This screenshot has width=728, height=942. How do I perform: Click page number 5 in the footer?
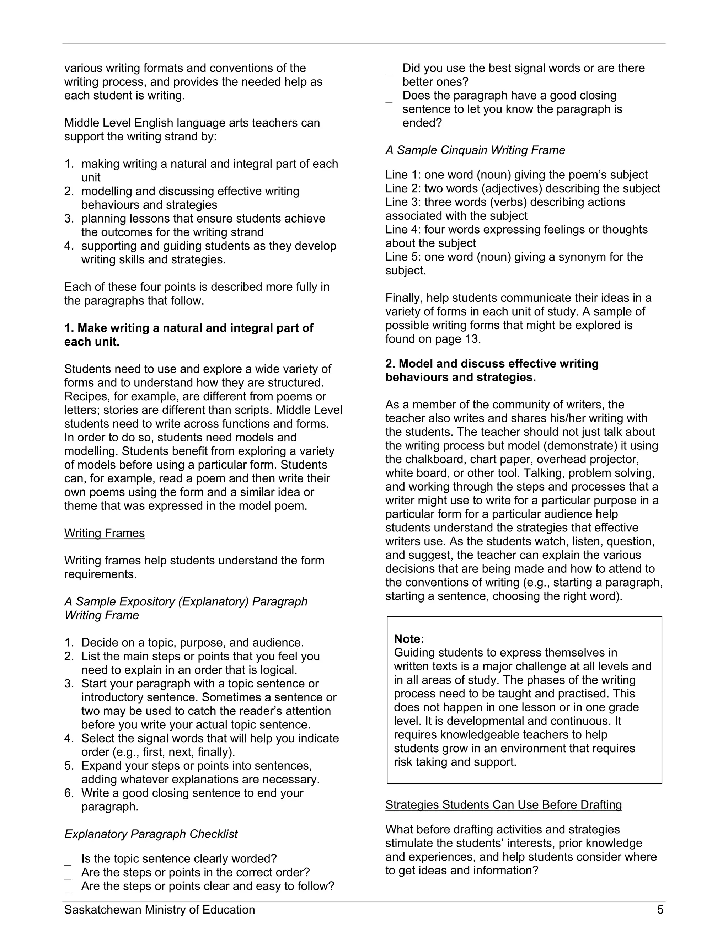pos(660,910)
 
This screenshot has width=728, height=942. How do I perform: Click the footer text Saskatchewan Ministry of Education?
pos(160,910)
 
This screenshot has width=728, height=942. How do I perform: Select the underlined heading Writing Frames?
pos(105,533)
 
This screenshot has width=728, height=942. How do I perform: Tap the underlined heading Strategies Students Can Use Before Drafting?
pos(503,805)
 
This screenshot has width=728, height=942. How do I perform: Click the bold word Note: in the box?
pos(409,639)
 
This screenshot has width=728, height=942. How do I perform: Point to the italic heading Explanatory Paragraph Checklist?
pos(151,834)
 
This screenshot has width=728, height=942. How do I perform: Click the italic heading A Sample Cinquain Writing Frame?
pos(475,150)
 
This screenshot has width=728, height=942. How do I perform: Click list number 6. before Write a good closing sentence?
pos(69,793)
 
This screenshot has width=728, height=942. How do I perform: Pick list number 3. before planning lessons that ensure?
pos(69,219)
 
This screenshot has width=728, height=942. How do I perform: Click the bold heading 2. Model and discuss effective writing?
pos(492,364)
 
